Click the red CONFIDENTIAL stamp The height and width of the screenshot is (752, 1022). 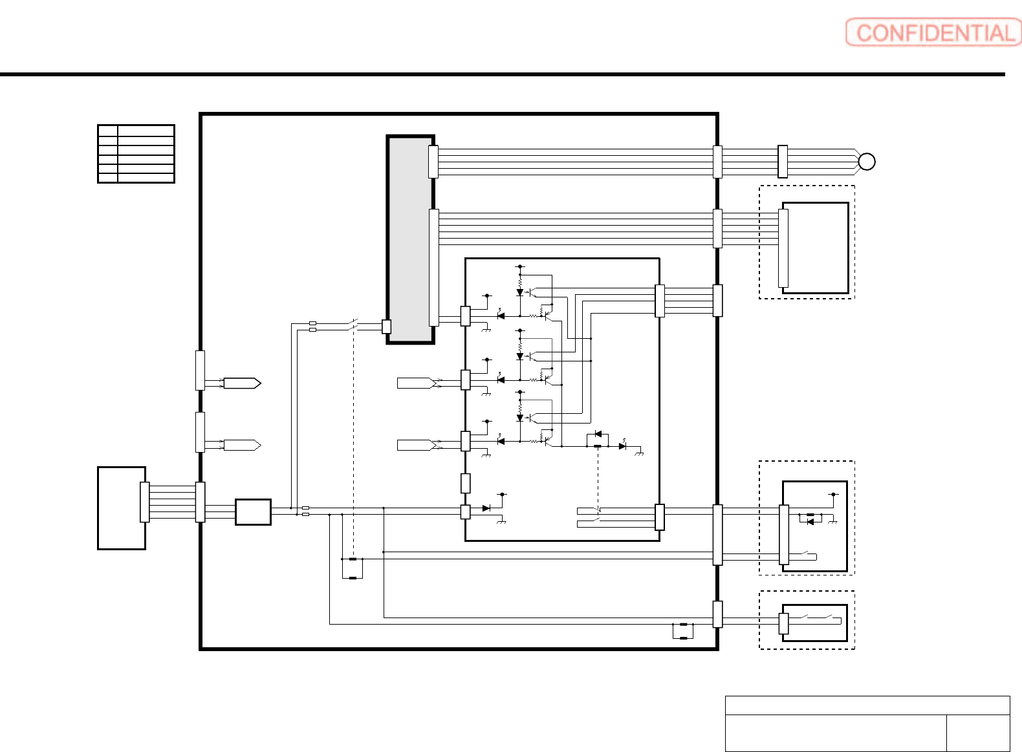(933, 32)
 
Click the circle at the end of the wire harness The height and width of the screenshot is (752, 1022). (866, 162)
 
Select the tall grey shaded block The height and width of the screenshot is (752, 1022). (410, 239)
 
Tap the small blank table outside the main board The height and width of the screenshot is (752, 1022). (136, 154)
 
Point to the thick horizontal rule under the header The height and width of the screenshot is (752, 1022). (503, 74)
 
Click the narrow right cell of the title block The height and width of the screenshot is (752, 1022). (978, 733)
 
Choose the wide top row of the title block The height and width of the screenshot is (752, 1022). (867, 705)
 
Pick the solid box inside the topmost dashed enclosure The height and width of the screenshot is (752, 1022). (815, 248)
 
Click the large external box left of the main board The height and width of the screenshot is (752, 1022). (122, 508)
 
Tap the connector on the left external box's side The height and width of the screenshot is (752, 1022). (145, 502)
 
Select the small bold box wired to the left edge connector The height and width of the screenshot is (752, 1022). (253, 512)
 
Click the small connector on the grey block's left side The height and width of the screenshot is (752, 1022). (386, 327)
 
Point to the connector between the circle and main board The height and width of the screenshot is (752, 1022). (783, 162)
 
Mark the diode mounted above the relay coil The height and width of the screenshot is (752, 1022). (598, 434)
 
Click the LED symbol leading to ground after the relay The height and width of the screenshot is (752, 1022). (622, 446)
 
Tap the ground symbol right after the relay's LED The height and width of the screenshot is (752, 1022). (639, 453)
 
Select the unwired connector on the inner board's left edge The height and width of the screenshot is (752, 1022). (465, 484)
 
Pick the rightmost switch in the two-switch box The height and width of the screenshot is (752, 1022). (833, 618)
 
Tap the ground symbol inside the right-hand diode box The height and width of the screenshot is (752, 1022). (832, 521)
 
